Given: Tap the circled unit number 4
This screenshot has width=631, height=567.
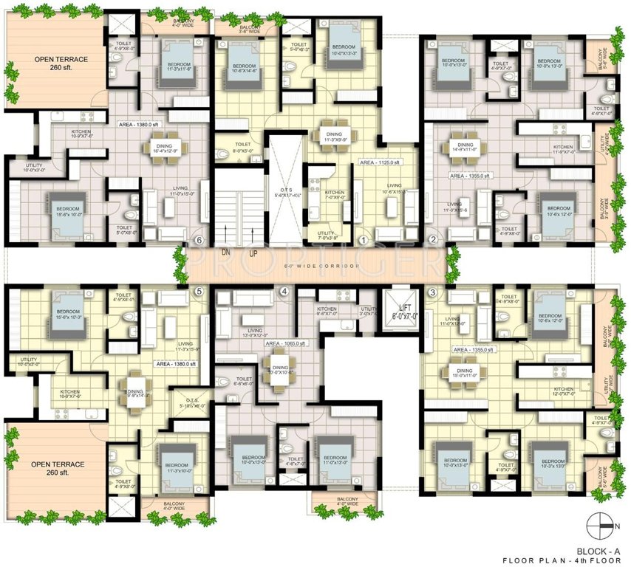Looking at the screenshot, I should click(284, 292).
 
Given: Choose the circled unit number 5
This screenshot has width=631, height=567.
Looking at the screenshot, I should click(198, 292).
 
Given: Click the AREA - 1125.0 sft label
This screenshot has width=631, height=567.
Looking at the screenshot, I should click(379, 161).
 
